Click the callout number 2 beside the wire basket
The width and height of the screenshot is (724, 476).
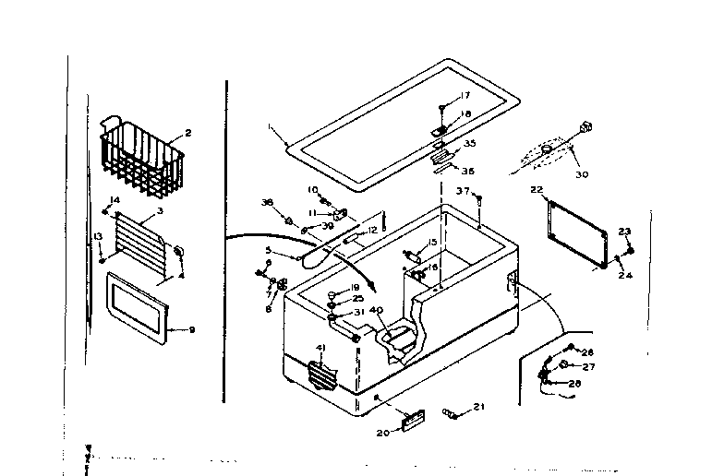click(x=187, y=133)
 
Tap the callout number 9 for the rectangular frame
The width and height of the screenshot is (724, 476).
click(x=192, y=329)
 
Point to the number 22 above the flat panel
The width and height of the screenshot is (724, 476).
click(x=536, y=190)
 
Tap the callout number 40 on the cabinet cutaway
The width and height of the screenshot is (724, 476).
click(x=376, y=312)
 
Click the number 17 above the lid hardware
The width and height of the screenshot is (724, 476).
click(x=465, y=96)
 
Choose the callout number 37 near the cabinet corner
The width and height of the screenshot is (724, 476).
click(x=462, y=190)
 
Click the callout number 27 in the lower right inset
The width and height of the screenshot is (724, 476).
click(x=588, y=366)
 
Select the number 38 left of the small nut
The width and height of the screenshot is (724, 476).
click(x=267, y=202)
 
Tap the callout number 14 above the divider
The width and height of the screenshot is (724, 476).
click(x=115, y=200)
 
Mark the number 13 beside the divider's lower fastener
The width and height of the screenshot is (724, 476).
click(x=97, y=236)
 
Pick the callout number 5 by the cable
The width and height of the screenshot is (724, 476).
click(x=268, y=250)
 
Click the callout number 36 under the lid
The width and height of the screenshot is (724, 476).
click(x=468, y=170)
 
